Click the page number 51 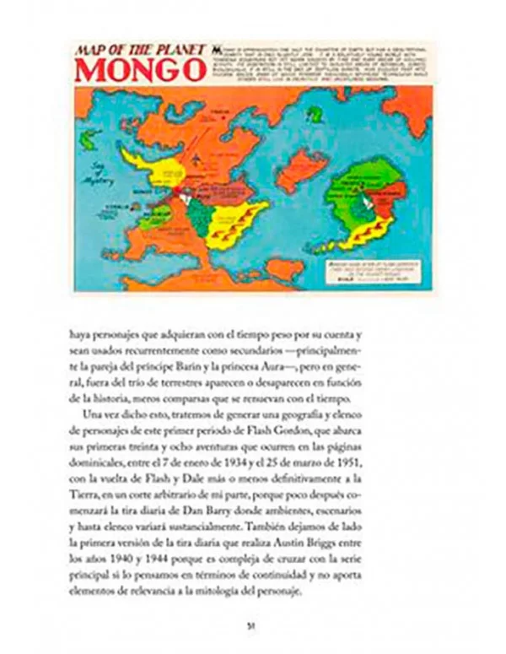pos(250,624)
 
